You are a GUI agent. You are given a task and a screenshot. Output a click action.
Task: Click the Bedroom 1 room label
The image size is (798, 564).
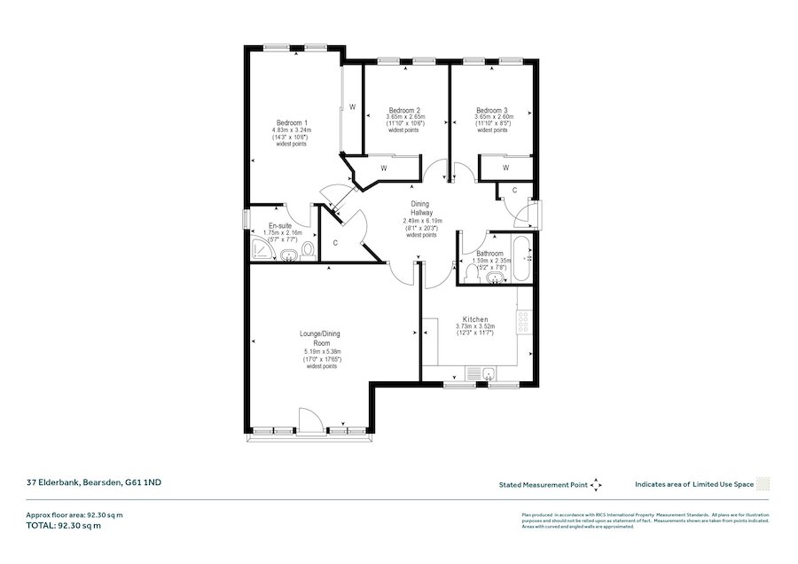coord(292,122)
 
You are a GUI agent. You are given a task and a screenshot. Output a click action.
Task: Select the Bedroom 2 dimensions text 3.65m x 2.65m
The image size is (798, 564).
coord(405,117)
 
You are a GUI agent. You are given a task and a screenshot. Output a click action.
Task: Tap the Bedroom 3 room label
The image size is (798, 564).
coord(492,110)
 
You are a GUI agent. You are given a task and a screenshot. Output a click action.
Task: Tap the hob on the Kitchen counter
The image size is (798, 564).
coord(523,315)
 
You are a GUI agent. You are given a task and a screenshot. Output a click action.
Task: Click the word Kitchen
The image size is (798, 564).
coord(475,318)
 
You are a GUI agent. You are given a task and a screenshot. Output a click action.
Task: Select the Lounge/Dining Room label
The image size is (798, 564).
coord(320,338)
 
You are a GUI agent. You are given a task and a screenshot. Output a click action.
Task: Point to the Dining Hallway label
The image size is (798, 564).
coord(422,209)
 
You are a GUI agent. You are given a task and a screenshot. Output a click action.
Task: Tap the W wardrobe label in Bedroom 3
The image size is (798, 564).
coord(505,168)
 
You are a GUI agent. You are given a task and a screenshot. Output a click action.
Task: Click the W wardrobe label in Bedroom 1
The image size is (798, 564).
coord(352,107)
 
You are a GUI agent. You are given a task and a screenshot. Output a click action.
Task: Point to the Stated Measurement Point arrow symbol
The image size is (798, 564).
coord(597,484)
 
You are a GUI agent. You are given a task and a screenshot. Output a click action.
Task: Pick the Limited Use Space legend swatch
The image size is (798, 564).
coord(763,484)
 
